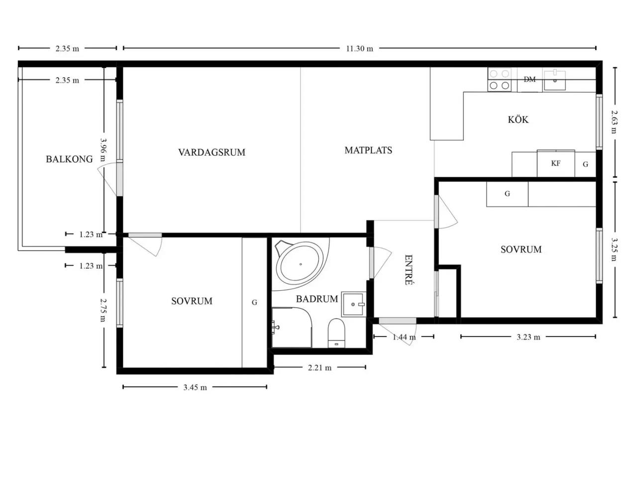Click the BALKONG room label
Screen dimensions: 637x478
[x=69, y=159]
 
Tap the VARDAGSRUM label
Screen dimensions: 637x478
[x=212, y=152]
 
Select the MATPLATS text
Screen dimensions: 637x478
[x=368, y=150]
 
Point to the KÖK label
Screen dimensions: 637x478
[x=518, y=119]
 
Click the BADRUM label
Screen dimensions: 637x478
[x=317, y=299]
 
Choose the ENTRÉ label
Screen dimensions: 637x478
[x=408, y=270]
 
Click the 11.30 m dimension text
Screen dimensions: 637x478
[x=360, y=48]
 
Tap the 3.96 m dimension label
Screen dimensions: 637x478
[x=103, y=149]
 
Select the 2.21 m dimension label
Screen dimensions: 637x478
[x=319, y=368]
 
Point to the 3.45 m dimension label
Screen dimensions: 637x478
[x=195, y=387]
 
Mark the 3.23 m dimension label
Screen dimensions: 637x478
[x=529, y=337]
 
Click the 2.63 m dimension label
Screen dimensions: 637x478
[x=614, y=121]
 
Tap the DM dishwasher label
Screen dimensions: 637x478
[x=530, y=79]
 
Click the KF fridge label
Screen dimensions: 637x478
[x=555, y=163]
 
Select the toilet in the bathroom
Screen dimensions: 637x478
[x=336, y=333]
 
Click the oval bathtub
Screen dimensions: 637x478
[x=300, y=264]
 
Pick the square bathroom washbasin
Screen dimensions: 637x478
[x=353, y=304]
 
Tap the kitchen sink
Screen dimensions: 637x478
[x=554, y=80]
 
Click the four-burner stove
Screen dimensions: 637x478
[x=500, y=80]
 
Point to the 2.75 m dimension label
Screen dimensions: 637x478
[x=103, y=310]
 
